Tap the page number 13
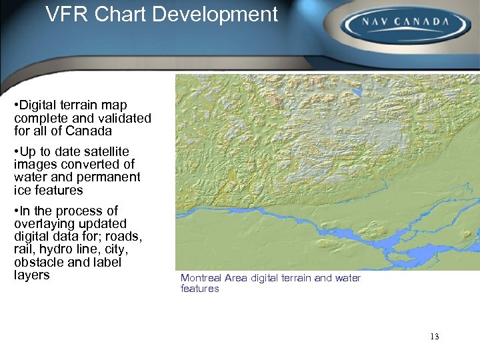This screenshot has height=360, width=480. click(x=435, y=336)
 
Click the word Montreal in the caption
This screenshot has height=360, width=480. click(x=201, y=278)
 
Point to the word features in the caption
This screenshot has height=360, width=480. click(x=199, y=289)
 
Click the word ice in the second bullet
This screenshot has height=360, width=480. click(x=21, y=191)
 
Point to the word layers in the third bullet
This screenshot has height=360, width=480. click(x=32, y=275)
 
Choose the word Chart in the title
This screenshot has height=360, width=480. click(x=122, y=14)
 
